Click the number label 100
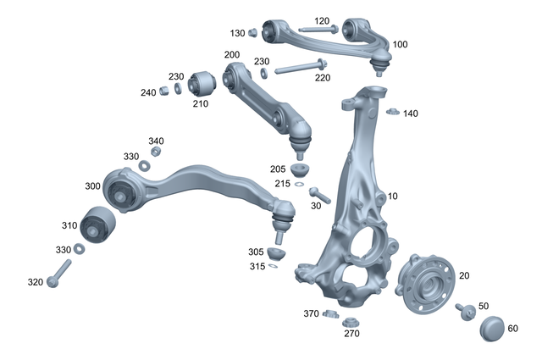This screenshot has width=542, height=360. click(401, 44)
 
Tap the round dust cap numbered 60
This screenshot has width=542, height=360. click(492, 329)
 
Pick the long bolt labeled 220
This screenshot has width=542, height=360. click(296, 67)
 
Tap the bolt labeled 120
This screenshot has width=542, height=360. click(317, 30)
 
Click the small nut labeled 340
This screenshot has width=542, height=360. click(156, 152)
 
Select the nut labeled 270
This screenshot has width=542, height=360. click(347, 321)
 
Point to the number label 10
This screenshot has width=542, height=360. click(392, 197)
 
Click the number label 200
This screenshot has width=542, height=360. click(232, 55)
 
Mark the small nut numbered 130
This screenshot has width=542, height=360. click(252, 33)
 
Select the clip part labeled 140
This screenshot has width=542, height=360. click(391, 111)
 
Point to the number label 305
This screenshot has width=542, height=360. click(256, 252)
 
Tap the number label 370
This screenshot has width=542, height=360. click(311, 313)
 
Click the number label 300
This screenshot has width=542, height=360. click(91, 186)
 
